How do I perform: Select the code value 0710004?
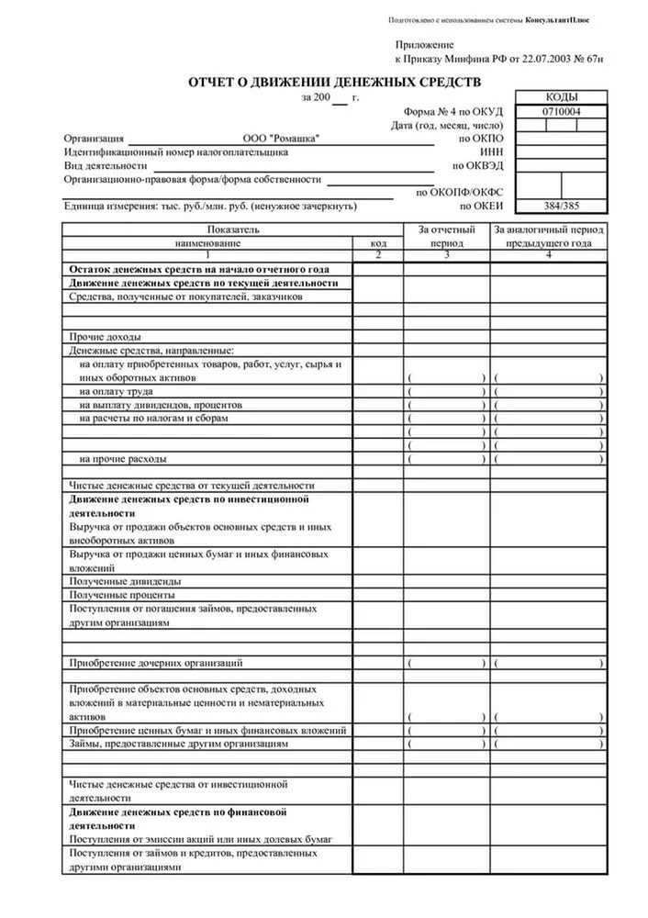click(x=562, y=112)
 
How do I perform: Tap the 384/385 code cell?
click(x=562, y=207)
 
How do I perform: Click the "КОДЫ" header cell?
click(x=562, y=98)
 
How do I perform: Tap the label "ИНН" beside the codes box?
click(x=491, y=152)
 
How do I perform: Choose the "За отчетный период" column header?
click(x=447, y=236)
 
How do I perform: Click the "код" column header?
click(x=378, y=243)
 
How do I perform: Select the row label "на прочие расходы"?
click(x=123, y=458)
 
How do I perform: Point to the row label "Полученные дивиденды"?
click(x=125, y=581)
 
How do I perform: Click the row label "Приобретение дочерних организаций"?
click(x=156, y=662)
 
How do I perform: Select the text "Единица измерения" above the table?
click(x=105, y=207)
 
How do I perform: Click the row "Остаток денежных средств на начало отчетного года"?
click(x=198, y=270)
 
